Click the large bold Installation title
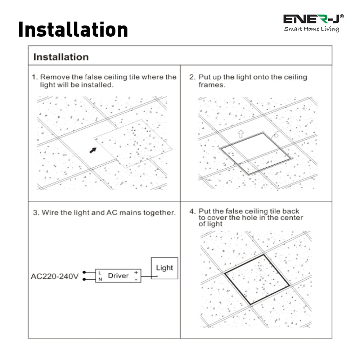(73, 30)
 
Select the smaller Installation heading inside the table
(61, 57)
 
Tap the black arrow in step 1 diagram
(93, 150)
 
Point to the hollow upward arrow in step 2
(240, 134)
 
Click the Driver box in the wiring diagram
(118, 276)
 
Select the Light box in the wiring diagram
(165, 268)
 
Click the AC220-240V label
(54, 276)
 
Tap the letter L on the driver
(100, 273)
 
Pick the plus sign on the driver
(136, 273)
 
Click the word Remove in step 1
(51, 77)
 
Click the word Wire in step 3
(49, 213)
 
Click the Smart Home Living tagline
(311, 29)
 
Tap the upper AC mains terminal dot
(84, 273)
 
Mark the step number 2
(192, 77)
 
